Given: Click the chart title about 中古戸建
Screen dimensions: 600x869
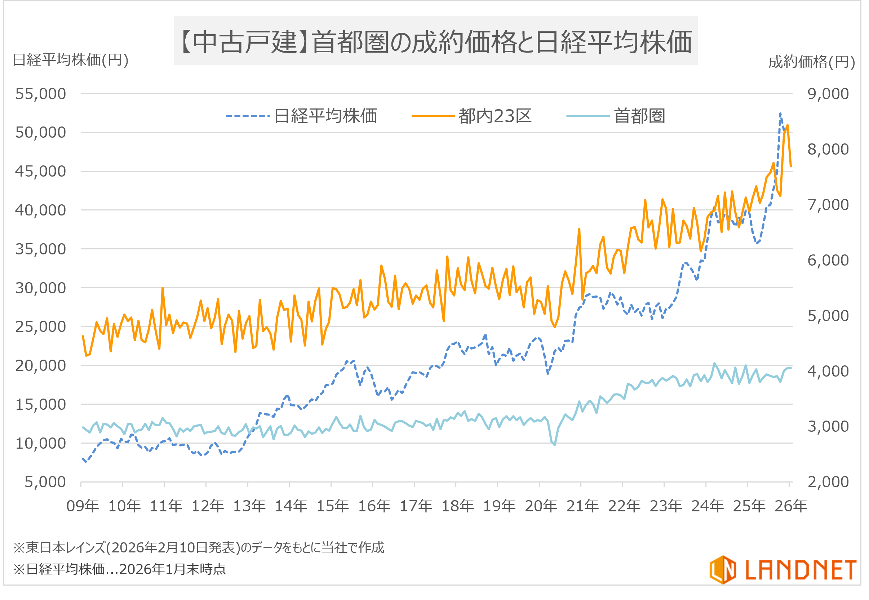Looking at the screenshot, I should pos(435,41).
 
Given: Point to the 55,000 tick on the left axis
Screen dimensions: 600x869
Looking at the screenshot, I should pos(41,94).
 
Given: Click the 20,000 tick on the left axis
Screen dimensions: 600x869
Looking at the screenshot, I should pos(41,365).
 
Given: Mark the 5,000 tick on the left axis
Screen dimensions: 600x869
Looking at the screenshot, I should pos(45,482).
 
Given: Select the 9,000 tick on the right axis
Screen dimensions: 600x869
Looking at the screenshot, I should pos(828,94).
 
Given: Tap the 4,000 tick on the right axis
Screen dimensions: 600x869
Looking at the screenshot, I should pos(828,371).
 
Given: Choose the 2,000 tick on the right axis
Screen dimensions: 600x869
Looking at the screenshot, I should pos(828,482).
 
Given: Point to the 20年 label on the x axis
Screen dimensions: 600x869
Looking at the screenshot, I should pos(541,506).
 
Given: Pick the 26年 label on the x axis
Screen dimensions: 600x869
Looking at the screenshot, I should pos(790,506).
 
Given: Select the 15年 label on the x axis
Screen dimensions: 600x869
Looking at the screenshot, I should pos(332,506).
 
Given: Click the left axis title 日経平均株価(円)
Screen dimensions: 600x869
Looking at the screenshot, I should pos(71,60).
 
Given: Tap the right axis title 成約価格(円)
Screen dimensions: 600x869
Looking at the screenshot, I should pos(811,62).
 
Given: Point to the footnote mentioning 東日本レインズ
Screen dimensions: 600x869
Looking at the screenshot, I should pos(199,547).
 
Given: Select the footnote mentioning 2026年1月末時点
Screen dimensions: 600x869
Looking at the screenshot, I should pos(120,569).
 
